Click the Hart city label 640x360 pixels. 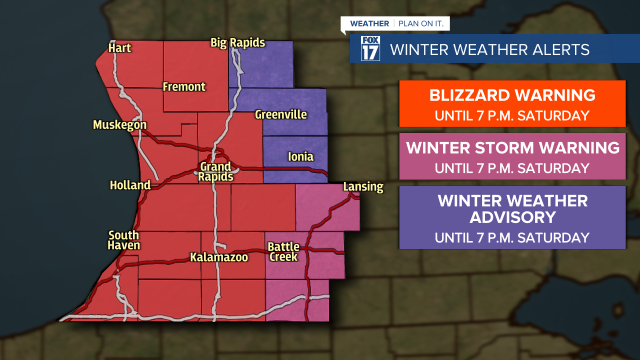[x=119, y=48]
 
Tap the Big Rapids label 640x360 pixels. [x=237, y=43]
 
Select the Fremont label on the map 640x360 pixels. [x=184, y=87]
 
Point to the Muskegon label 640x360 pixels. [x=119, y=125]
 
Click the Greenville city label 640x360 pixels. [x=280, y=114]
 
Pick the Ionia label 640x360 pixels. [x=300, y=157]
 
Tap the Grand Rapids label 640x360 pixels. [x=215, y=171]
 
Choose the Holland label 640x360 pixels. [x=130, y=185]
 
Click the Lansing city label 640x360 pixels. [x=363, y=187]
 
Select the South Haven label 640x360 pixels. [x=124, y=240]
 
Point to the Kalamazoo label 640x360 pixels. [x=219, y=257]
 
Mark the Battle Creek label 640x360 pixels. [x=283, y=252]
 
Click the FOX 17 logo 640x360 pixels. [x=370, y=49]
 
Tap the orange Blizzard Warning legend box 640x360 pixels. [x=512, y=104]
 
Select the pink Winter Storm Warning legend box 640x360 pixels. [x=512, y=156]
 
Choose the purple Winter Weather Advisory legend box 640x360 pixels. [x=512, y=217]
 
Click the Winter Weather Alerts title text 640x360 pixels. [x=489, y=50]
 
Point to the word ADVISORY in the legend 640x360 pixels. [x=512, y=217]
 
